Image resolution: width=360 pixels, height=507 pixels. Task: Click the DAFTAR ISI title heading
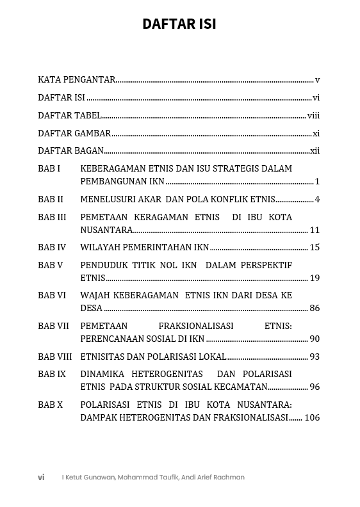tap(179, 24)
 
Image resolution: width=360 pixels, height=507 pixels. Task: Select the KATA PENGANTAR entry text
tap(76, 80)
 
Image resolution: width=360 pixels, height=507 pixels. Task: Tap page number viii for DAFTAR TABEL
tap(313, 116)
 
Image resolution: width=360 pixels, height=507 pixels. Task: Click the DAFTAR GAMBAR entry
tap(74, 134)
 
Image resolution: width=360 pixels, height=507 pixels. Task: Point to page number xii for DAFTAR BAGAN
tap(315, 151)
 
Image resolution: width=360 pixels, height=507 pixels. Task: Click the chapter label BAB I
tap(49, 168)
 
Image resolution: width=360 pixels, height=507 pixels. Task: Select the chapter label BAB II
tap(51, 199)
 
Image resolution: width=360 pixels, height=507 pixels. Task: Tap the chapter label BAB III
tap(52, 217)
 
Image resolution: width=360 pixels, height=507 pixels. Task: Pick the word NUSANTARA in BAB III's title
tap(106, 230)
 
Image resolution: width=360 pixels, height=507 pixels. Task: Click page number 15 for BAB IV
tap(315, 247)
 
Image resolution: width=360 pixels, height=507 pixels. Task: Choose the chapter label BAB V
tap(51, 265)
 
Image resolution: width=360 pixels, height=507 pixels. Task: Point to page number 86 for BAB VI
tap(315, 308)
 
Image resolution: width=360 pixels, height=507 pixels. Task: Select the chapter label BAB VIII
tap(54, 357)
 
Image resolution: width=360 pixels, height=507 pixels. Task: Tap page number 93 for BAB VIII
tap(315, 357)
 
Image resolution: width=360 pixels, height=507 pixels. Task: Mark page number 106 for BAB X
tap(312, 417)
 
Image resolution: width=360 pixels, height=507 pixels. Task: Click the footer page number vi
tap(41, 478)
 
